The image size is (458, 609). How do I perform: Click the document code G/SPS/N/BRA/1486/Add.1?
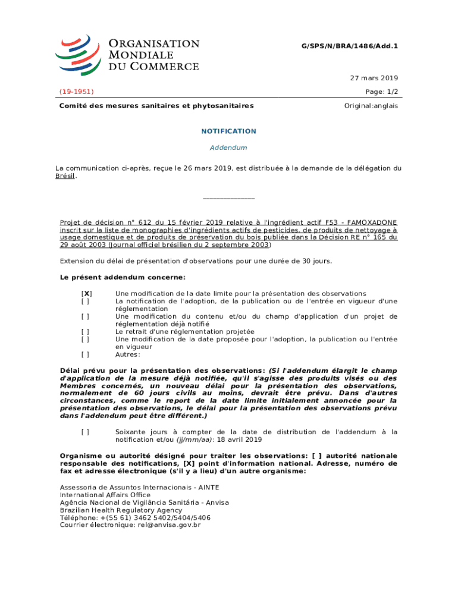pos(351,46)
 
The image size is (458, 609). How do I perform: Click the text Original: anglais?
pos(371,106)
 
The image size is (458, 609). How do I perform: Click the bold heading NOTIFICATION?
pos(228,131)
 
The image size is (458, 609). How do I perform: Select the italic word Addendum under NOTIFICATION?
pos(228,147)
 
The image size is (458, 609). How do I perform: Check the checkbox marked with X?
pos(86,294)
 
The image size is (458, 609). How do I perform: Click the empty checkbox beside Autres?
pos(86,355)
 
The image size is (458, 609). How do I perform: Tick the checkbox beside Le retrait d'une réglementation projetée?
pos(86,332)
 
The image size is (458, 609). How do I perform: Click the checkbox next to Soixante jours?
pos(86,432)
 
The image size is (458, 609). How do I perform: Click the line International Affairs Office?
pos(105,495)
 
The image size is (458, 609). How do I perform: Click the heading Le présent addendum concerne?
pos(123,278)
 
